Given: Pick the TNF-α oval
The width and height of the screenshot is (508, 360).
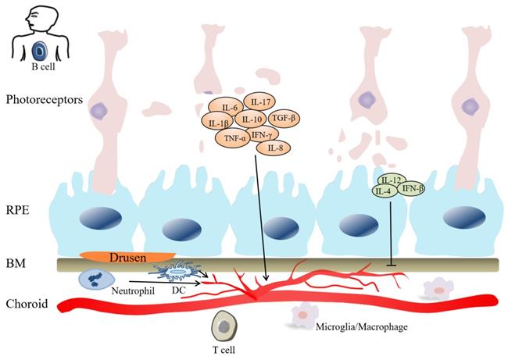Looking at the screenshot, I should (232, 139).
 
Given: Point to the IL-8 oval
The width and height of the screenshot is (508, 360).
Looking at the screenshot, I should (274, 146).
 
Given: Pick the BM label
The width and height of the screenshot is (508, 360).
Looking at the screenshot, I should (15, 263).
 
